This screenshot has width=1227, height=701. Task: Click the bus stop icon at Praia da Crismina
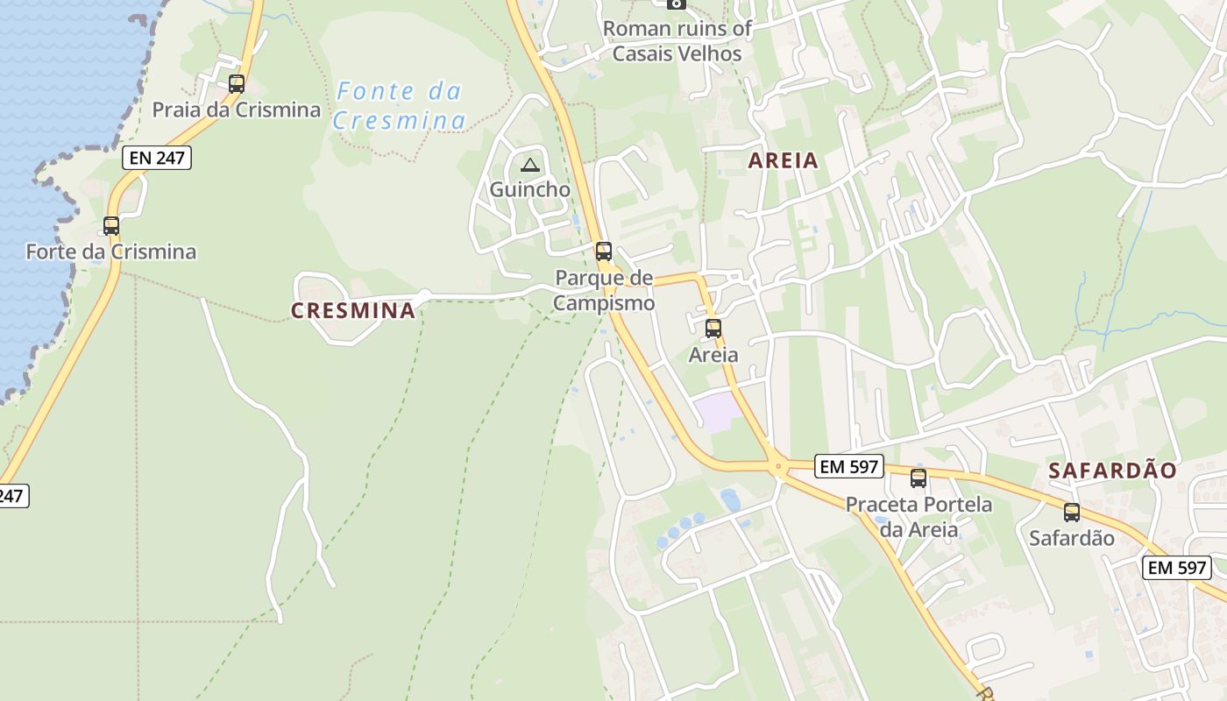236,84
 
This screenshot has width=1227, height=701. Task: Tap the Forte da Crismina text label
111,252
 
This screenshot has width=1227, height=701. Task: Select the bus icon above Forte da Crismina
111,225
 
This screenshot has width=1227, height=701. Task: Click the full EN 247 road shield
157,158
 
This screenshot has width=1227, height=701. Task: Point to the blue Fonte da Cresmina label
399,105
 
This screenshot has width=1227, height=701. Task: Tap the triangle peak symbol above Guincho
529,165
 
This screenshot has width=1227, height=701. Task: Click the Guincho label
529,189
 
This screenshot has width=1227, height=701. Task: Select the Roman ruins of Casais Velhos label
677,41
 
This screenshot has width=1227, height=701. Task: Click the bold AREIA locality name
783,160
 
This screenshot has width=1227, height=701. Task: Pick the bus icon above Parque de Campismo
604,251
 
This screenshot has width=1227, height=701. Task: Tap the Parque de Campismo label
605,291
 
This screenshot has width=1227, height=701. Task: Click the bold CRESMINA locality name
353,310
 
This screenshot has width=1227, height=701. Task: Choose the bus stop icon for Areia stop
713,329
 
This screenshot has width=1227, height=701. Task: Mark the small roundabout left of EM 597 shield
777,468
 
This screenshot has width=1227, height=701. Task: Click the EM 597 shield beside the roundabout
848,467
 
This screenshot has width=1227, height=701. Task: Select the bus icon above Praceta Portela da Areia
918,478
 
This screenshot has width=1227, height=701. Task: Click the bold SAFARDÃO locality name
1113,471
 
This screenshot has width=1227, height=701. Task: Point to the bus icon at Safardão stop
1072,513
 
